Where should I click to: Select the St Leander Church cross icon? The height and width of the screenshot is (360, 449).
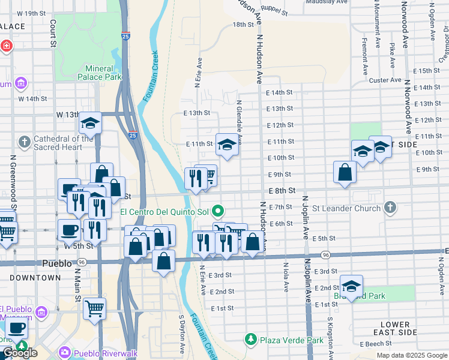pos(390,208)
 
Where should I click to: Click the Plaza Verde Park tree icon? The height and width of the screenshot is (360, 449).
pos(250,340)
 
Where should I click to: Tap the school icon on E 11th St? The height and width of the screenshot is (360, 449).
pos(227,145)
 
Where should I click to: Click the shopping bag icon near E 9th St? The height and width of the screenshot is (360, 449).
pos(345,173)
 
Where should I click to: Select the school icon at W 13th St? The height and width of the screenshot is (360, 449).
pos(90,124)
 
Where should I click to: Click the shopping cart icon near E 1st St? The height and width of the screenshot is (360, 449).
pos(95,309)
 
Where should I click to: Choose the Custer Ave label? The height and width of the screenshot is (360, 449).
pos(385,80)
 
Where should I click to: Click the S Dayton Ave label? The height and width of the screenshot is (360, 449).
pos(181,334)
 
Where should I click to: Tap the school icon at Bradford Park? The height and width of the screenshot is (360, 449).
pos(351,286)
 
